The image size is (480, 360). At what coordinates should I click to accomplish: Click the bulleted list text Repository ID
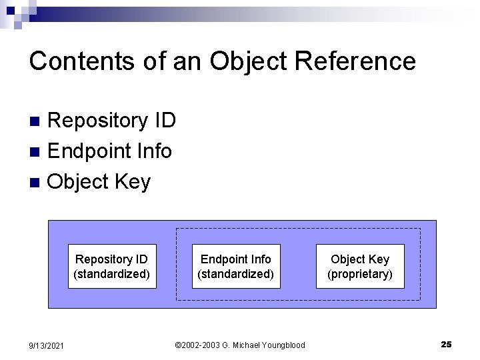112,121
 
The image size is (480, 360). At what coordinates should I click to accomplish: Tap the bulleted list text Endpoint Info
110,151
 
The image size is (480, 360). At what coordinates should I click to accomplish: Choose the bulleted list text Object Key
99,182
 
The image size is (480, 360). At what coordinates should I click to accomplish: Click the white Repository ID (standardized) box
112,267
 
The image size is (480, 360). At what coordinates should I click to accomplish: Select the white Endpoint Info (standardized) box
236,267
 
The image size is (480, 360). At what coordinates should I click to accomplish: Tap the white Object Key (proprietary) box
360,267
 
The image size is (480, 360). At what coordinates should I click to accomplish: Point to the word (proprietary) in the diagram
360,274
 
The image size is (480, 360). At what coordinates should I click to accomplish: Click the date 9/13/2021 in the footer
46,345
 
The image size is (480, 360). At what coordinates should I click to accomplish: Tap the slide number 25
446,344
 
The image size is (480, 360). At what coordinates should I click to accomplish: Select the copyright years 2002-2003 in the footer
201,345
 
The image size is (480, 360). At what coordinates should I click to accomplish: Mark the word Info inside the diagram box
260,259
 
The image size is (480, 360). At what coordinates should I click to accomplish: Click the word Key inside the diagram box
378,259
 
